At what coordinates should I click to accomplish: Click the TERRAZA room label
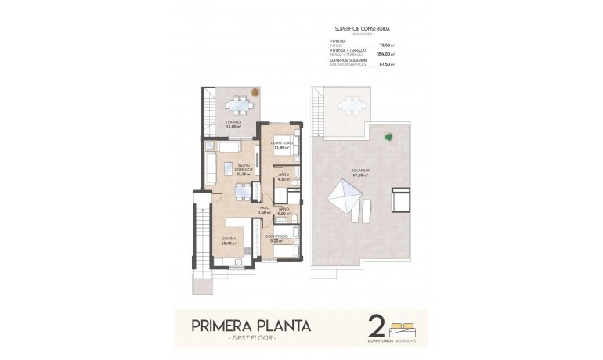tap(233, 124)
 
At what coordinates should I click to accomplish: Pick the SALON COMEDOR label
tap(244, 168)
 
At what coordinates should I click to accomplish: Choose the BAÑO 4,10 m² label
tap(283, 177)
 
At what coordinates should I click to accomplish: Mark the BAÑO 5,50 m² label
tap(284, 211)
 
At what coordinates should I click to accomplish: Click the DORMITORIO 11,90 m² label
tap(282, 146)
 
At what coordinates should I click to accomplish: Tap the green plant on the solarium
tap(388, 138)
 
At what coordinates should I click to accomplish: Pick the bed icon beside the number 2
tap(405, 322)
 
